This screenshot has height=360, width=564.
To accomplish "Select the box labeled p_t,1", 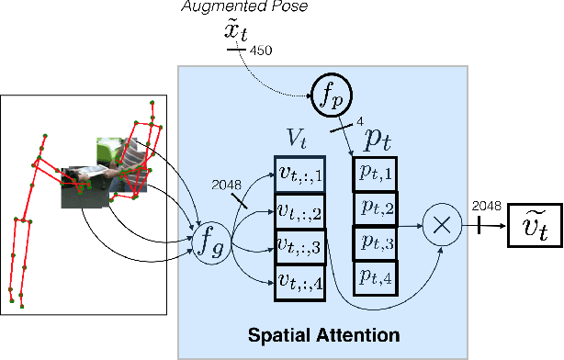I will [x=374, y=173].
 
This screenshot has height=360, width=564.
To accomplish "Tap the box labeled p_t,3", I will [x=374, y=242].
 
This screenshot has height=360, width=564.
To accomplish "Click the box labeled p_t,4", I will [x=374, y=276].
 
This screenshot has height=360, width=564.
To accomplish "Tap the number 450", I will [x=261, y=51].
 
